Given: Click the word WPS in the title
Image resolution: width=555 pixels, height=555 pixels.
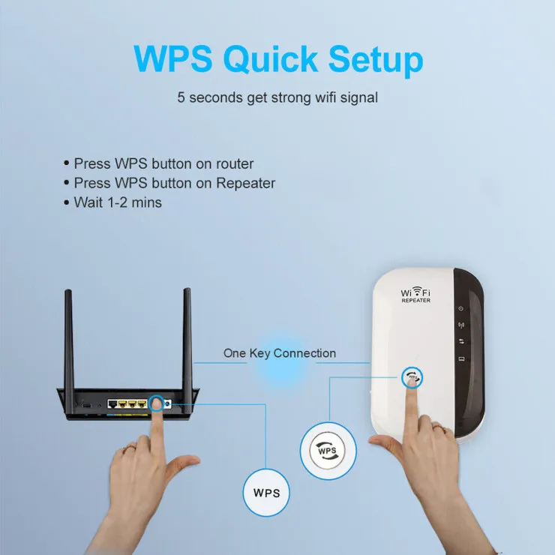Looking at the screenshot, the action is (x=173, y=58).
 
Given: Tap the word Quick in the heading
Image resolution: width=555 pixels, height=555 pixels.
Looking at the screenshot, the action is (x=271, y=59).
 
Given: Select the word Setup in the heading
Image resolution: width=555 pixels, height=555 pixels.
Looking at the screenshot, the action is (x=376, y=60).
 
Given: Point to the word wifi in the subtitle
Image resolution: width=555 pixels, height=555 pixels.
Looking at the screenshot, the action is (x=325, y=97).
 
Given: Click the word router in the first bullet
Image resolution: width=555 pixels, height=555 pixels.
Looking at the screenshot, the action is (x=235, y=164).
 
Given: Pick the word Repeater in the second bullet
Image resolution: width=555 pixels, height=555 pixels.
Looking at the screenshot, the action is (x=246, y=183).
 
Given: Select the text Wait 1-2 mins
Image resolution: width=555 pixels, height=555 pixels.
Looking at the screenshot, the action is (x=118, y=202).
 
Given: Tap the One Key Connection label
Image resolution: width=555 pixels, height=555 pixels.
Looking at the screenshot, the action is (x=280, y=353).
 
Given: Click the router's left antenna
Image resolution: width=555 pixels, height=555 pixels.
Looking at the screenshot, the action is (x=69, y=350).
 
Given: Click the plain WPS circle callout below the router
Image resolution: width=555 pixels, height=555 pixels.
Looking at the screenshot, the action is (x=266, y=492).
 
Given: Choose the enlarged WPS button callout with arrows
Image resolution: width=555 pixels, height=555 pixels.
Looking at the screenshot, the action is (x=328, y=451).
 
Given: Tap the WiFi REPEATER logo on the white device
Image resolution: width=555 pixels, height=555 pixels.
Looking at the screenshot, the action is (x=415, y=295).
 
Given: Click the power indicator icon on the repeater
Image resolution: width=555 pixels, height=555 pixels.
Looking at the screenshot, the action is (x=460, y=308).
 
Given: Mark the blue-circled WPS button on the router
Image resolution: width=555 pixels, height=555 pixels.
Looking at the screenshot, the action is (x=156, y=403).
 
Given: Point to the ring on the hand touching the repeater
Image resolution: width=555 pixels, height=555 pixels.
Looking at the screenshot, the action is (x=439, y=428).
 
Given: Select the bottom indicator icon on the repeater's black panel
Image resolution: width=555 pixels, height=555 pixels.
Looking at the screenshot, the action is (x=461, y=359).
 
